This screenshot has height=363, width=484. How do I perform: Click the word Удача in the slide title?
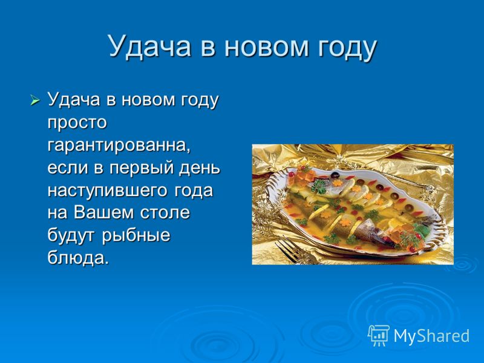(149, 47)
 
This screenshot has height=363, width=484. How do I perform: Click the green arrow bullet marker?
(35, 100)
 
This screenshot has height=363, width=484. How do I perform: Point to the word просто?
(77, 123)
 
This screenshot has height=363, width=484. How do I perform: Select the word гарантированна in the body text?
(119, 146)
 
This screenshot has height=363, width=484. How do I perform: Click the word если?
(68, 168)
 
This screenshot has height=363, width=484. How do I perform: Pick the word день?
(201, 169)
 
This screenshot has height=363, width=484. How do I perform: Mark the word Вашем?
(104, 213)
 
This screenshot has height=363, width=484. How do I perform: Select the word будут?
(71, 235)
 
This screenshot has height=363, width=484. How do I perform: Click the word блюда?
(79, 258)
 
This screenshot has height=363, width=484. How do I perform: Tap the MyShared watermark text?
(431, 335)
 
